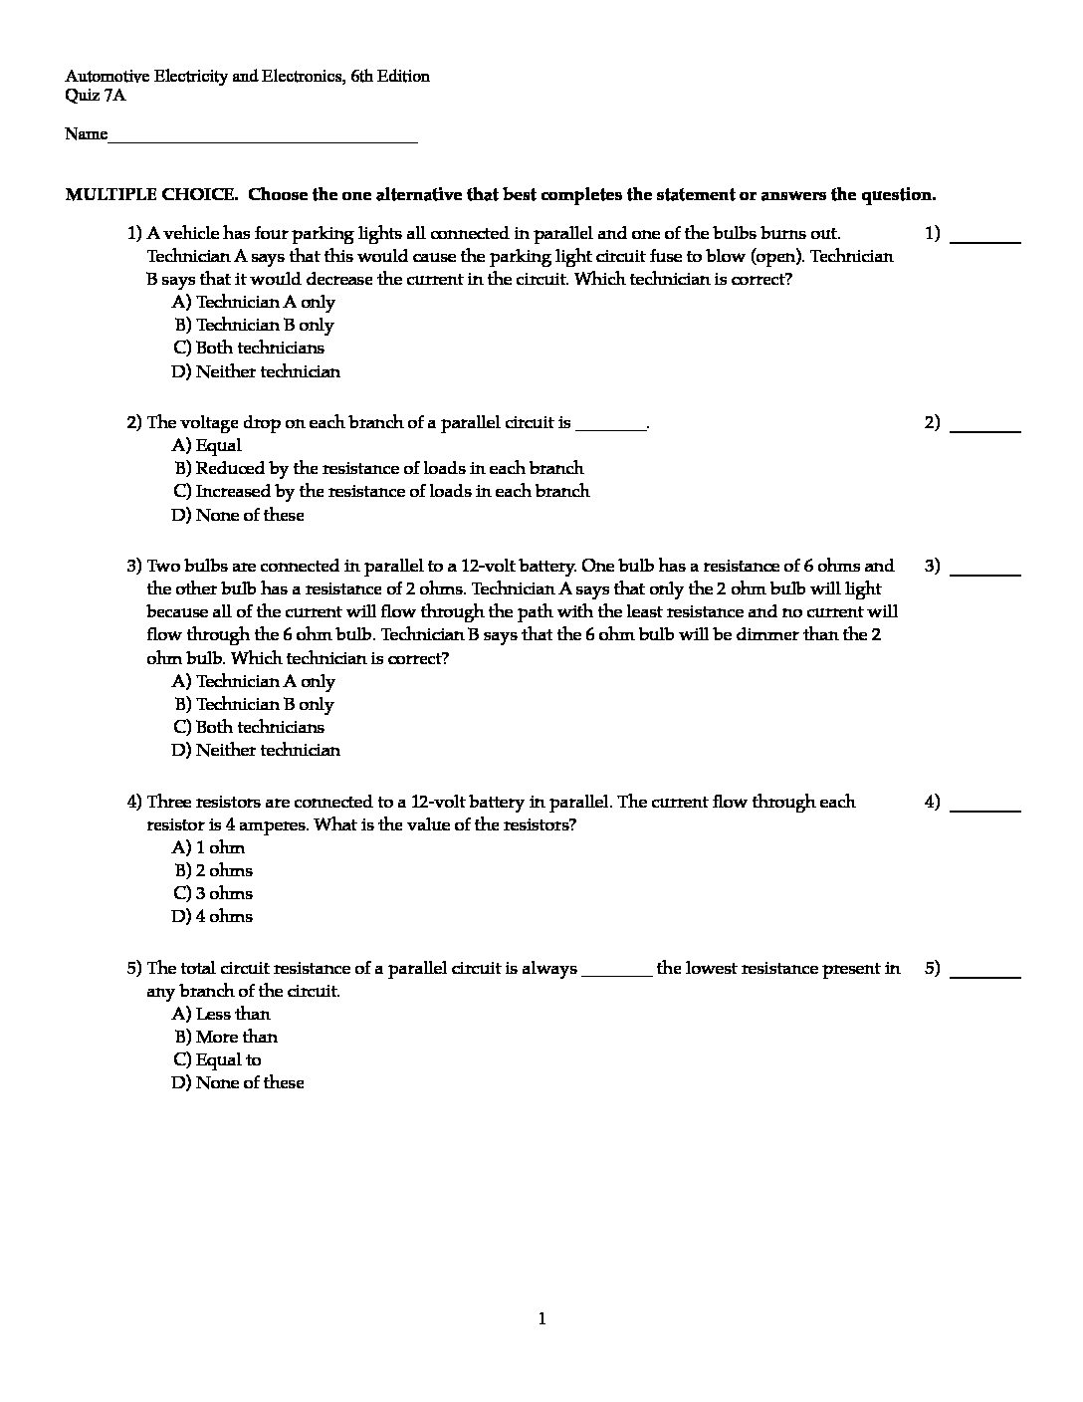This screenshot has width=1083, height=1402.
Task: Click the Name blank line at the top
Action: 263,140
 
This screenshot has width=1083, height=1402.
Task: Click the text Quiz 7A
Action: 96,97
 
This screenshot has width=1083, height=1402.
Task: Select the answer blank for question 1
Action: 985,239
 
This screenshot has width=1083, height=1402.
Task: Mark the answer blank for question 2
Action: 985,428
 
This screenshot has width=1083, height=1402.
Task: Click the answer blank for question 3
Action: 985,572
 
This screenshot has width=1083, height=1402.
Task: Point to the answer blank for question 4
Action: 985,808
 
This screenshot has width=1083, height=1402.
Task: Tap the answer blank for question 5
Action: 985,974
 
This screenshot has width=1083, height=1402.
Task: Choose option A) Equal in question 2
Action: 207,446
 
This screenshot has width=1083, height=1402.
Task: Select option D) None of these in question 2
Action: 238,516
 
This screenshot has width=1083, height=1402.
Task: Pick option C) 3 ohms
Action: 213,894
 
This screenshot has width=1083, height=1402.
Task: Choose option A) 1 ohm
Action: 208,848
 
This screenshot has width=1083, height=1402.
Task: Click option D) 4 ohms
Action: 212,917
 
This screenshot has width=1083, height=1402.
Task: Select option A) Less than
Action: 221,1015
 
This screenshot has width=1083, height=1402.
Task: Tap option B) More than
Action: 226,1038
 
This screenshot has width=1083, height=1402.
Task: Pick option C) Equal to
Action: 217,1060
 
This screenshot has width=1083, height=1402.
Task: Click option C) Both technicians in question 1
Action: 249,349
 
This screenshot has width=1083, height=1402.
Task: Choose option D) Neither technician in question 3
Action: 256,751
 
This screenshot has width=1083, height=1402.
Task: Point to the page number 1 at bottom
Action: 541,1320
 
